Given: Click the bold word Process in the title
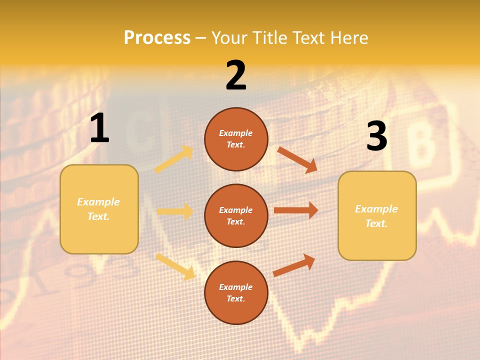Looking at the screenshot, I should point(157,38).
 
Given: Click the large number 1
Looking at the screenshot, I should point(99,128).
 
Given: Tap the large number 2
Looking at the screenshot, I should point(236,75).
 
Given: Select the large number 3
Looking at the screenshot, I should point(376,136).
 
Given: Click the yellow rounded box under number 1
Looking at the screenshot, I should point(99,209).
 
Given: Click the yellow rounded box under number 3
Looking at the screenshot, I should point(377,215).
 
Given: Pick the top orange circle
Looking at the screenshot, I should point(236,139).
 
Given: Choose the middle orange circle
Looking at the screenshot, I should point(236,215).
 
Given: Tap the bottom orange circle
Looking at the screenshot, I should point(236,292).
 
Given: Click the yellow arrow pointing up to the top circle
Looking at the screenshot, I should point(174,159).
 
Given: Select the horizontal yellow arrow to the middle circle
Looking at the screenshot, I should point(175,211).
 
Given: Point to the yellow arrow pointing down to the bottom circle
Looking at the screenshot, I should point(175,266).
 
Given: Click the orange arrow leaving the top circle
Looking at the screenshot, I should point(297,159).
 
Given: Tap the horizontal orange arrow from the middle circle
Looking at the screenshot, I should point(296,210).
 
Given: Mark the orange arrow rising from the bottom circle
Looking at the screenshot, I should point(294,265).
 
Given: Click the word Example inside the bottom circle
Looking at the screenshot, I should point(236,287).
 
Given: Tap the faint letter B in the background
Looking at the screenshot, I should point(422,145).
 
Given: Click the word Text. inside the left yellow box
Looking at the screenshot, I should point(98,216).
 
